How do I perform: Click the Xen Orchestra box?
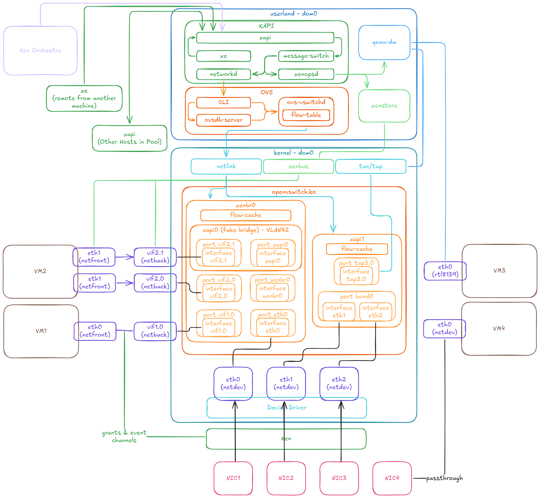pos(40,50)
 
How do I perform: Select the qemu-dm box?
pos(384,42)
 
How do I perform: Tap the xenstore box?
pos(384,106)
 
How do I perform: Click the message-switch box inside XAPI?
pos(306,56)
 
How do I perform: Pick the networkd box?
pos(223,74)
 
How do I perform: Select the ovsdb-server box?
pos(223,120)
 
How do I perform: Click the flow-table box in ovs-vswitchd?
pos(306,115)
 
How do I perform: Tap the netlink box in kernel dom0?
pos(226,166)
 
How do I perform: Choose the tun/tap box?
pos(371,166)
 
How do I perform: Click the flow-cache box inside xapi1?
pos(357,249)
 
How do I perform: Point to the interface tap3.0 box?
pos(356,276)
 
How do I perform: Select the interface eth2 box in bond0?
pos(375,312)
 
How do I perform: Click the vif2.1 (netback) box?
pos(155,257)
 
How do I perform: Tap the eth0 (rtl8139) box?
pos(445,271)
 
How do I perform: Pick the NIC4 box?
pos(392,478)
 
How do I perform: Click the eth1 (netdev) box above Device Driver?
pos(286,383)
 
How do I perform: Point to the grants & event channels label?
pos(124,436)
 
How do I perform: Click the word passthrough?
pos(444,478)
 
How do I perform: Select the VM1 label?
pos(41,331)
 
